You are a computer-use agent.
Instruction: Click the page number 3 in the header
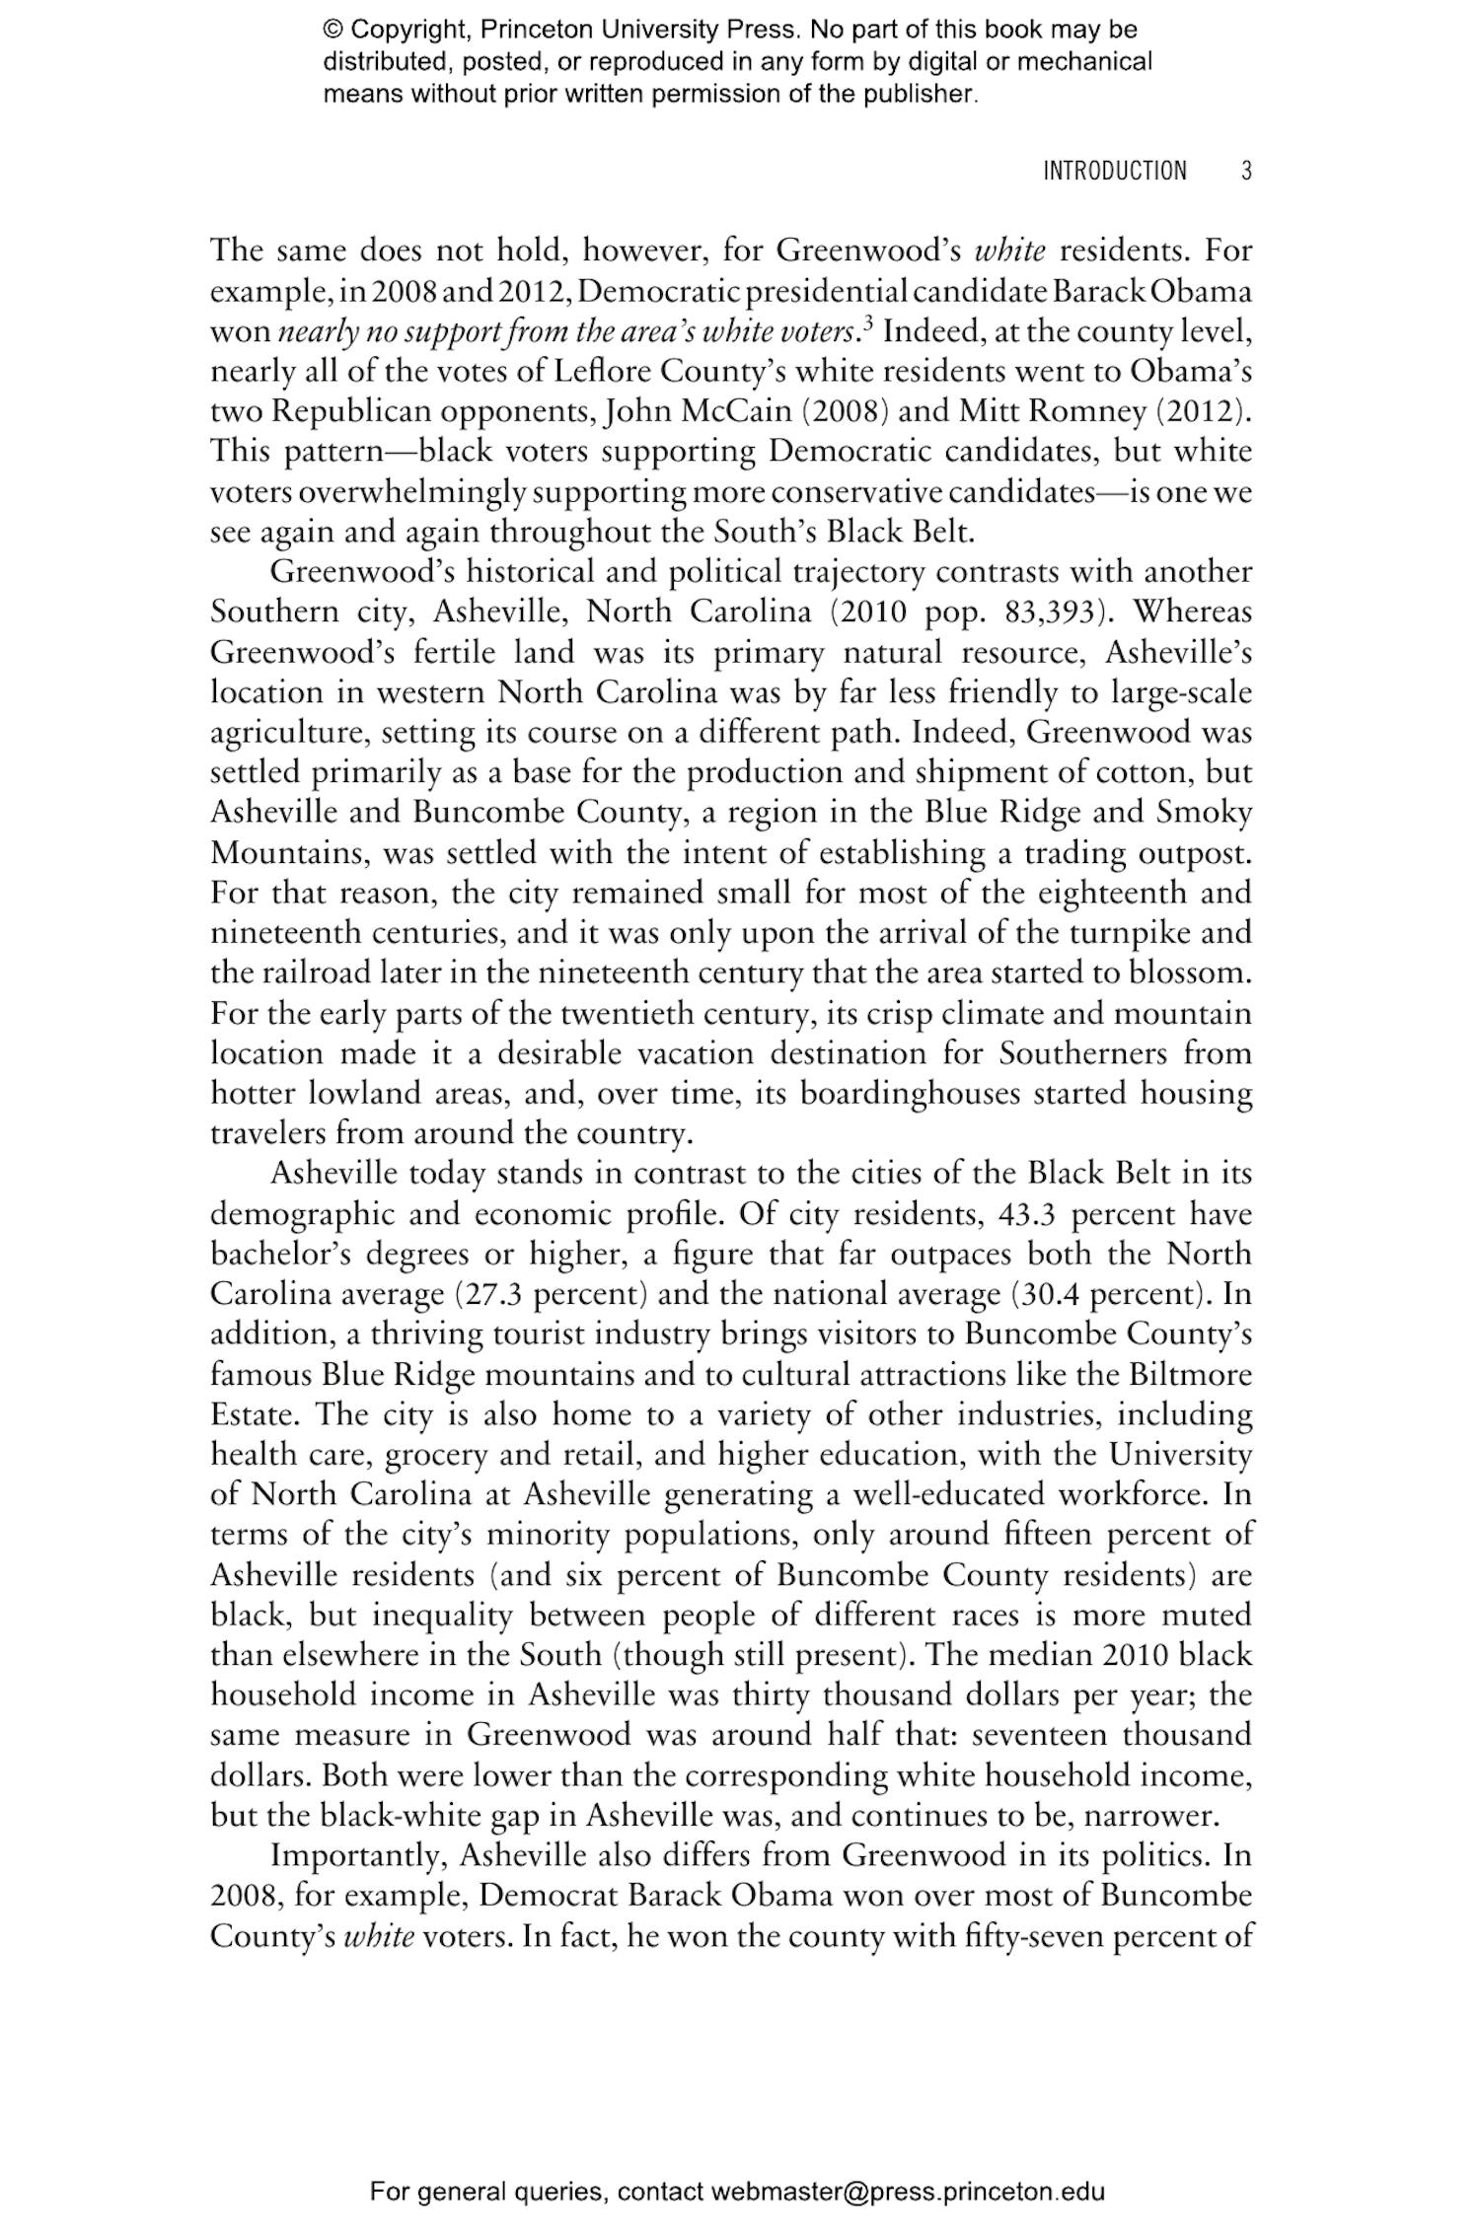pyautogui.click(x=1246, y=171)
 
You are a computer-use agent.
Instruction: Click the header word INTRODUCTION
pyautogui.click(x=1115, y=171)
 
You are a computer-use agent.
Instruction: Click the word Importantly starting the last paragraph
pyautogui.click(x=359, y=1855)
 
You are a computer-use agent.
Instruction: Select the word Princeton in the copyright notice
pyautogui.click(x=549, y=30)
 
